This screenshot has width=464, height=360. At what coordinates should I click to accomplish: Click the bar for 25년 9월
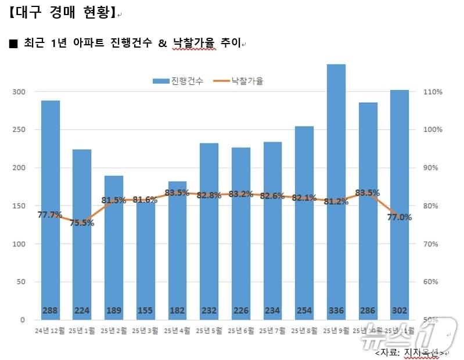coord(336,192)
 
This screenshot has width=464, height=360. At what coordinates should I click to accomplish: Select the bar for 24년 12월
coord(51,209)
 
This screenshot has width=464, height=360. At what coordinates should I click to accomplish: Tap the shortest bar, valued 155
coord(146,261)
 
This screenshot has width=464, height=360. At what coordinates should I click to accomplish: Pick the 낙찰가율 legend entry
coord(239,81)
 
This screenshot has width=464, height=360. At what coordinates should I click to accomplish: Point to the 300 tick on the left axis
coord(19,92)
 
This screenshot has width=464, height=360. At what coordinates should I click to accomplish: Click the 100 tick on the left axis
coord(19,244)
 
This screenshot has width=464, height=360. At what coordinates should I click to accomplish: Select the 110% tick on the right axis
coord(433,92)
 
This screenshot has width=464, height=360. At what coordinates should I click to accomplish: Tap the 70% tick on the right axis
coord(433,244)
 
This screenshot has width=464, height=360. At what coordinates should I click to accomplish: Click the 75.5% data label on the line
coord(82,222)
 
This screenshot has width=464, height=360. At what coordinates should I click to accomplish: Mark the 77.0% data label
coord(400,217)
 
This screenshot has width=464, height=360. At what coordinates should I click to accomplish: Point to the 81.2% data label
coord(336,201)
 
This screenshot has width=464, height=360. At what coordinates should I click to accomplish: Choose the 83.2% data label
coord(241,194)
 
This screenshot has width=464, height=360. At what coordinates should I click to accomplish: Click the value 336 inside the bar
coord(336,311)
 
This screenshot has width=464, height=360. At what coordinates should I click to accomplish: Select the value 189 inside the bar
coord(114,311)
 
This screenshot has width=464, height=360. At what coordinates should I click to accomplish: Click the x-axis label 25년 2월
coord(114,331)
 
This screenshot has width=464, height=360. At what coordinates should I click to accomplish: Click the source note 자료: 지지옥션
coord(410,352)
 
